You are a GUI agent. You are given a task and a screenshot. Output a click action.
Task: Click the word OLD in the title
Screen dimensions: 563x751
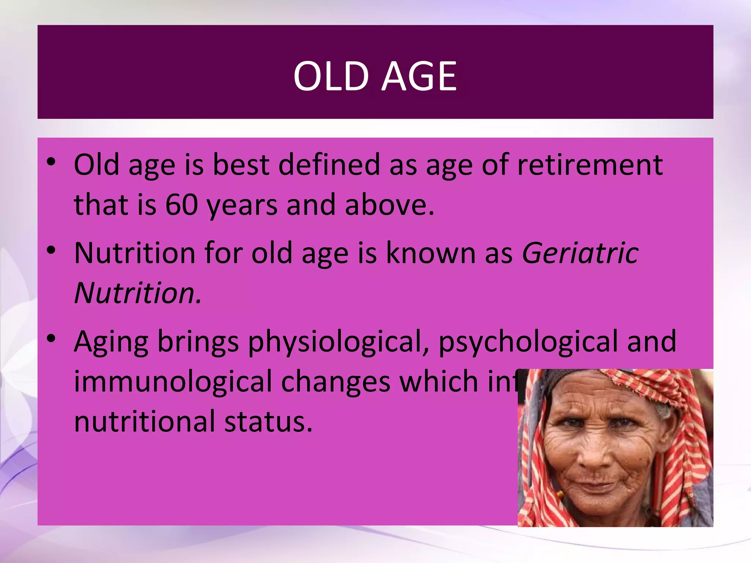pos(331,76)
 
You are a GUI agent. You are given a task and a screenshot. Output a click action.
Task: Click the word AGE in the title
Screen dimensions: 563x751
pos(419,76)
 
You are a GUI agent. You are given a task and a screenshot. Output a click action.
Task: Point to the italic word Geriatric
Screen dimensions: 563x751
pos(580,253)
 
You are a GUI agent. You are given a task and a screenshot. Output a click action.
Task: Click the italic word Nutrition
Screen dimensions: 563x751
pos(138,293)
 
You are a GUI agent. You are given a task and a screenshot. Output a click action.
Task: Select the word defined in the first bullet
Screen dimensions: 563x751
pos(329,165)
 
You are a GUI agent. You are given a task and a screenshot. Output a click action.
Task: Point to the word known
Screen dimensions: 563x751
pos(431,253)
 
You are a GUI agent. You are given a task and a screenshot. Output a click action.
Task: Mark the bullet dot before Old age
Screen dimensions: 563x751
pos(51,162)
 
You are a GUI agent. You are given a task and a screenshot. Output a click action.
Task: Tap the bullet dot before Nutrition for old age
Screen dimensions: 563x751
pos(51,250)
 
